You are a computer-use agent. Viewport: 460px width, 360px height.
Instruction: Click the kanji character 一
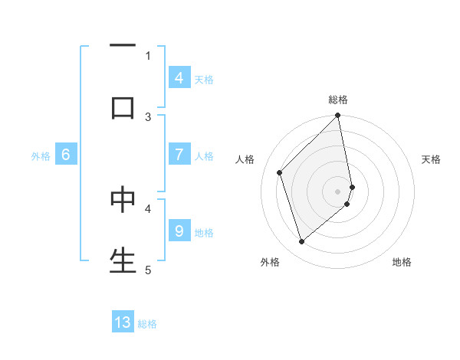(123, 47)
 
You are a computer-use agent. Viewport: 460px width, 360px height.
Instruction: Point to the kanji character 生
(123, 260)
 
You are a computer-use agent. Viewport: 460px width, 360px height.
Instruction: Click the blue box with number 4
(179, 77)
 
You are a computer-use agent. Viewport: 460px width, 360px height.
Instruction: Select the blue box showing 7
(179, 155)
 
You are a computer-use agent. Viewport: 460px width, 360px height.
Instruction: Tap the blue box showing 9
(179, 231)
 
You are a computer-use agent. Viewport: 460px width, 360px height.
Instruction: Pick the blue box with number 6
(66, 155)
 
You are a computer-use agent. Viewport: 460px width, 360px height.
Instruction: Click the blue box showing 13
(123, 322)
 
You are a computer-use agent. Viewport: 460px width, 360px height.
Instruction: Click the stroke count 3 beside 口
(149, 116)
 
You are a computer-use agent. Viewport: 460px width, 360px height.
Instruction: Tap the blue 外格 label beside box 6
(41, 155)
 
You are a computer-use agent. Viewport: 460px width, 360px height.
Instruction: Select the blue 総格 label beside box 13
(147, 323)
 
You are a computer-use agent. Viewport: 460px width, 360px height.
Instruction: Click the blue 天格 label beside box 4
(204, 78)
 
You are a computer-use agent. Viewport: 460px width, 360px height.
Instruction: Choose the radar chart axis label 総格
(338, 100)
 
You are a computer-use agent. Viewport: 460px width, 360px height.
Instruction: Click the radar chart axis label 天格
(431, 159)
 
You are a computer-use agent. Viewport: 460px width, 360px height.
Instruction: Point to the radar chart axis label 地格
(402, 262)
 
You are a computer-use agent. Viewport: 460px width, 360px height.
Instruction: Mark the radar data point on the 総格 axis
(338, 116)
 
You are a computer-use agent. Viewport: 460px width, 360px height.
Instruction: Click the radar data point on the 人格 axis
(280, 172)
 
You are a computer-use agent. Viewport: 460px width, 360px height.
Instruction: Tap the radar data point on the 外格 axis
(301, 242)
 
